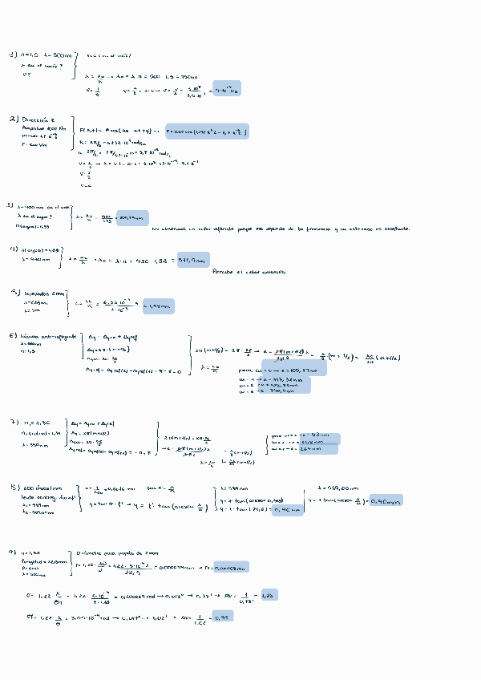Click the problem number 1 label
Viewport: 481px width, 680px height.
coord(12,55)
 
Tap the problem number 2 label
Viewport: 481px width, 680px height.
coord(14,119)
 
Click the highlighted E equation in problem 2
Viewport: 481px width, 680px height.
coord(207,131)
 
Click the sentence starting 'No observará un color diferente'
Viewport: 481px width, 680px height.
coord(281,229)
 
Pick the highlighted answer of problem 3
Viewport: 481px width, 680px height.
coord(131,217)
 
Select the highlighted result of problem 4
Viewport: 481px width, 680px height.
coord(192,260)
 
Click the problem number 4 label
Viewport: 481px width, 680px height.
coord(14,249)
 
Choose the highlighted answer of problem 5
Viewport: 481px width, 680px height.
coord(157,306)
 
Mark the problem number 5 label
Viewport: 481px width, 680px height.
coord(14,293)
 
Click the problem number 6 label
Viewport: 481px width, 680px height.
coord(13,335)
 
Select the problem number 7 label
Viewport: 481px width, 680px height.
coord(14,422)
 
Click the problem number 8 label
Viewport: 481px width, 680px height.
coord(14,487)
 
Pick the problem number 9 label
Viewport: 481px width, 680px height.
coord(13,552)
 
